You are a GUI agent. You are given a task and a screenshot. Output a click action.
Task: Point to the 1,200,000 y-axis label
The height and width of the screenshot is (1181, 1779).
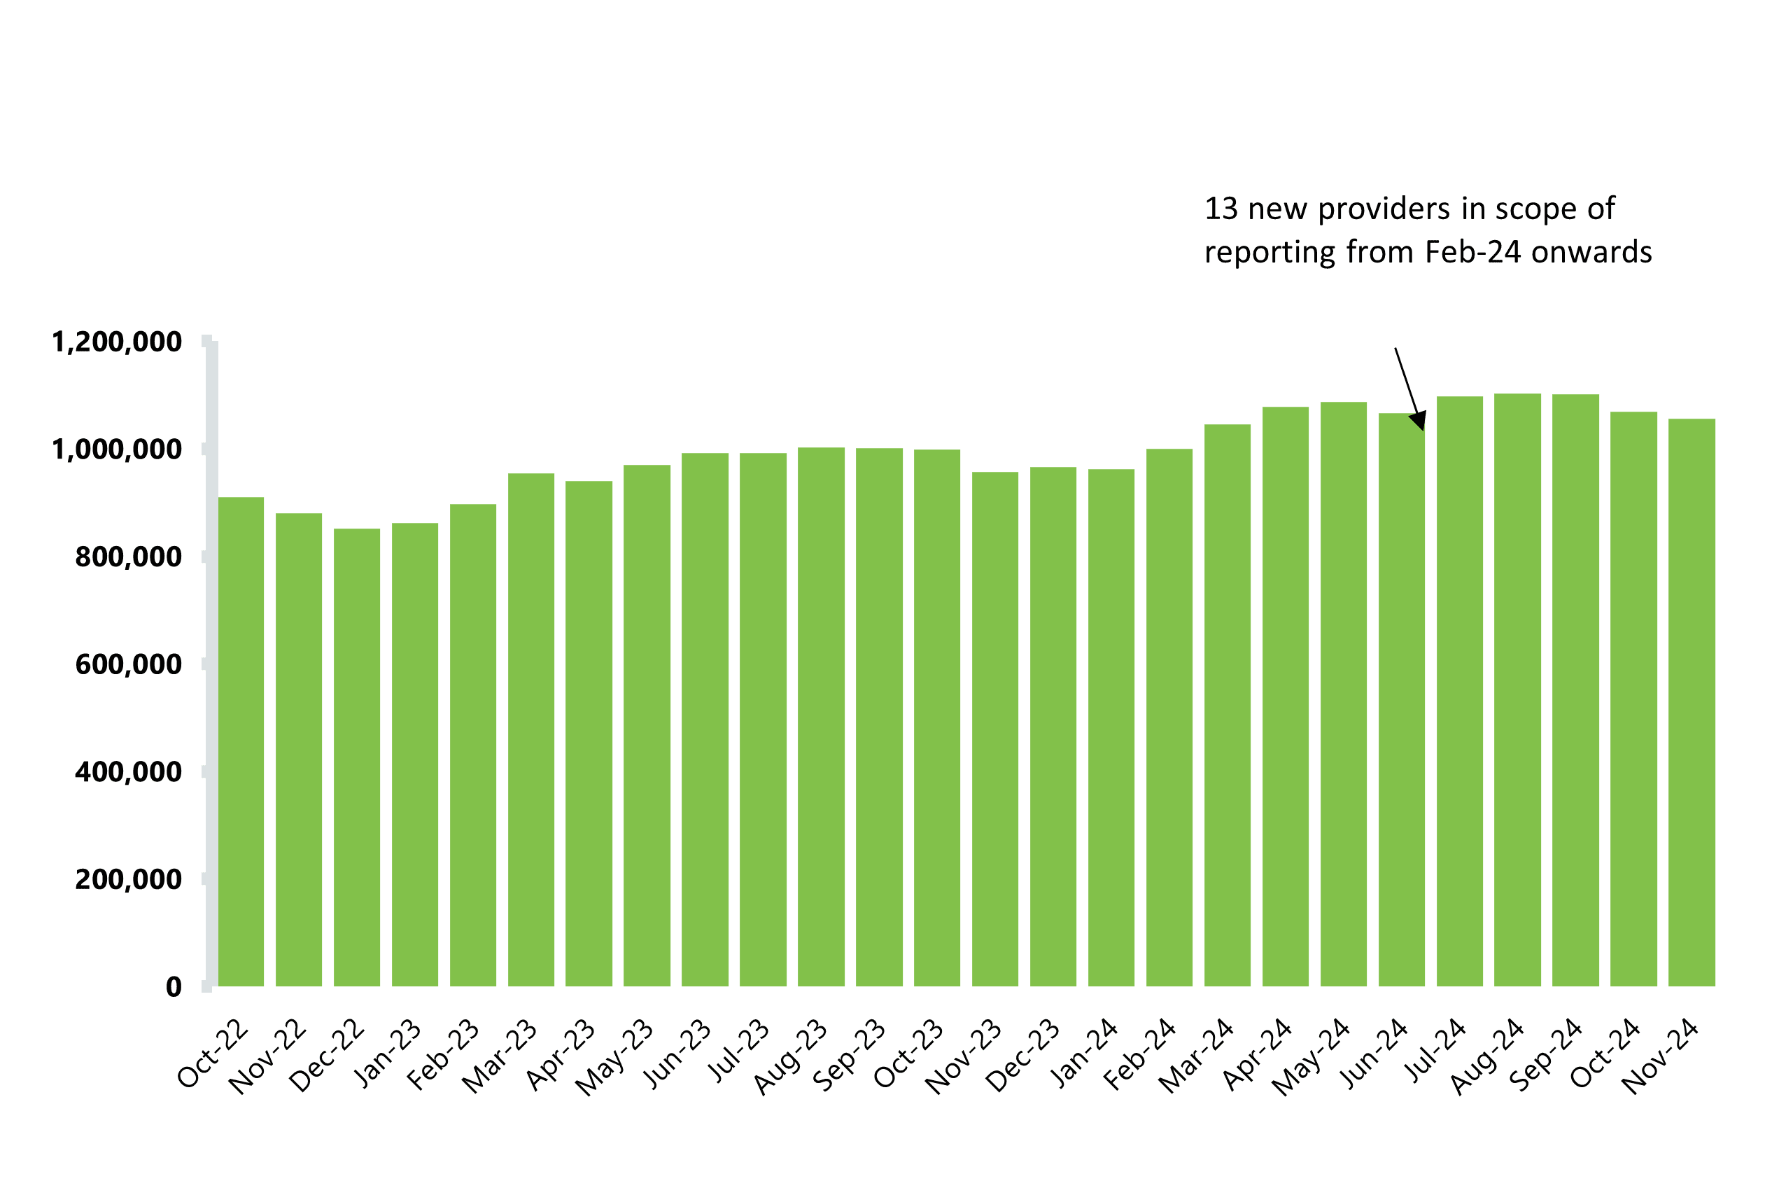(117, 343)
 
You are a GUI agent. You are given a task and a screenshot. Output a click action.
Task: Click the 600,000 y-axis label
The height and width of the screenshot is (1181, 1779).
(128, 665)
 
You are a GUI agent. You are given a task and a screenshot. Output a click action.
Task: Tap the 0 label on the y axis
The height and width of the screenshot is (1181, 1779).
(174, 987)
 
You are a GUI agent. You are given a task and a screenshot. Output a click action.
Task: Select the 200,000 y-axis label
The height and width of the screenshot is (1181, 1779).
(128, 880)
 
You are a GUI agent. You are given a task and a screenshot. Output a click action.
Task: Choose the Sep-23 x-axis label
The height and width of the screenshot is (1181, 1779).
(849, 1054)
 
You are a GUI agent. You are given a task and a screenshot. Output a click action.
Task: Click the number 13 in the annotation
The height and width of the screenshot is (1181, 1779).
(1221, 209)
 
